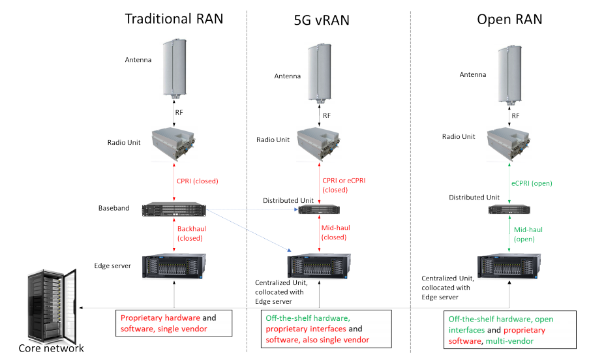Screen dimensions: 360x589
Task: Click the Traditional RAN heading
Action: [174, 18]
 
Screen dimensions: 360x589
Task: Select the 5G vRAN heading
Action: [322, 20]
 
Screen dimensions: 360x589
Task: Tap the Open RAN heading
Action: [509, 20]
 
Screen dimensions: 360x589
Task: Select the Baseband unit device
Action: [174, 209]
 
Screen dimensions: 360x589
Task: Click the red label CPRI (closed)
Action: [197, 181]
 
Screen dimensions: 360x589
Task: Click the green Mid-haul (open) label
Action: [527, 235]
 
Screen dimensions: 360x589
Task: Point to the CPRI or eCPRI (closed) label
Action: [344, 185]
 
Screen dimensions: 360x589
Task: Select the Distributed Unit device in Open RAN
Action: [509, 210]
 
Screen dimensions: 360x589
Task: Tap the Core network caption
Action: [51, 348]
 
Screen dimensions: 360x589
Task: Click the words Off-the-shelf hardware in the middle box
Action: [307, 319]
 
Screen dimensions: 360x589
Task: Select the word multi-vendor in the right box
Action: [512, 341]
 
